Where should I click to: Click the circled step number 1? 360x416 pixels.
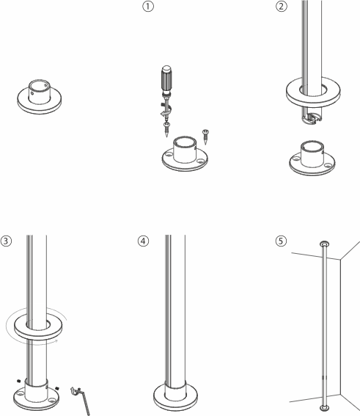[148, 7]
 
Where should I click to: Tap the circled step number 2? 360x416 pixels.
[282, 7]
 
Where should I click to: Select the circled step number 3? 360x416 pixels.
[6, 241]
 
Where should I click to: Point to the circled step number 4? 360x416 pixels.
[144, 241]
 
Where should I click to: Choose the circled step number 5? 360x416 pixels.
[281, 241]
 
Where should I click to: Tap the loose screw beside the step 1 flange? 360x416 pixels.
[205, 136]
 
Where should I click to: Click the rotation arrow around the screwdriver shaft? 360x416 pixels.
[166, 109]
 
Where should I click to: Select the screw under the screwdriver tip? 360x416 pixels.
[166, 129]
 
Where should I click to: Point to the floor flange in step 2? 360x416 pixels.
[312, 158]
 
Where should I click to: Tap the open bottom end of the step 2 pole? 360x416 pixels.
[311, 118]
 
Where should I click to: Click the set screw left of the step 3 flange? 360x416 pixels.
[18, 381]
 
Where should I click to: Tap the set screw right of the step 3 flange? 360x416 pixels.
[56, 388]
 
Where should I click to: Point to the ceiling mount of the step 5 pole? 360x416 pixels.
[325, 244]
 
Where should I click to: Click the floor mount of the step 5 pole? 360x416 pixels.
[325, 408]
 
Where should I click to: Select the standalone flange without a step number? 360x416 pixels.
[40, 97]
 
